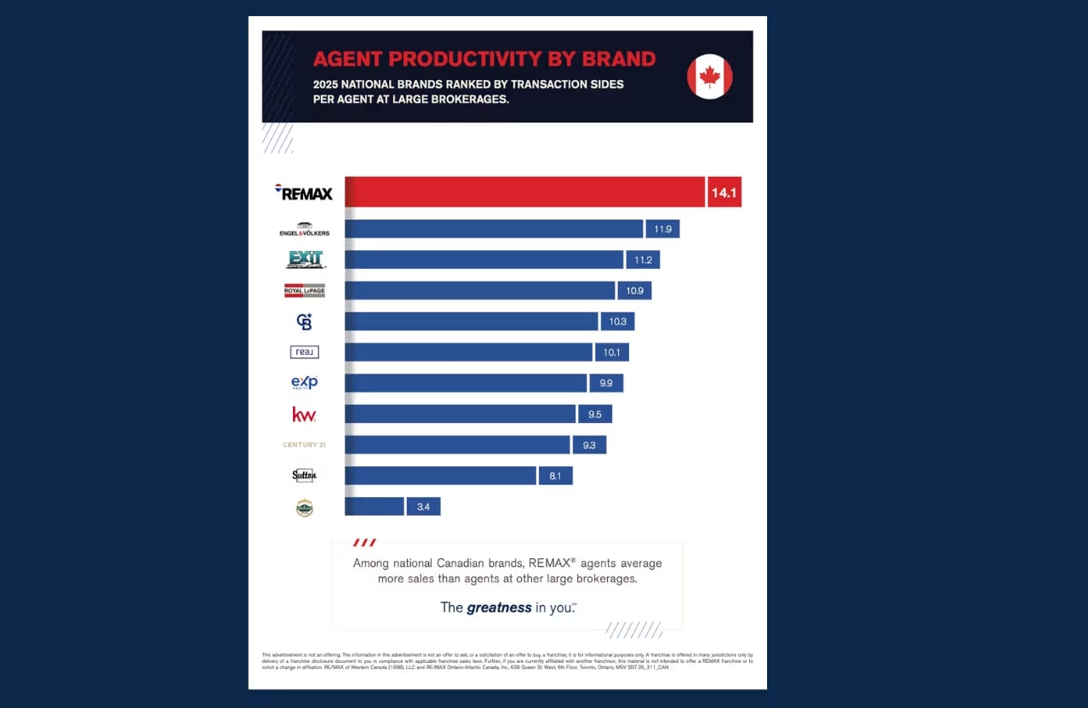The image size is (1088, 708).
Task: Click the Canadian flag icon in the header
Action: click(x=709, y=77)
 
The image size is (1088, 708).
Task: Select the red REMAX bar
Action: click(x=524, y=192)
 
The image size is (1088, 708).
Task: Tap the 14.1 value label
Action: click(x=724, y=193)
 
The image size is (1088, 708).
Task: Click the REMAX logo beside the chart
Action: click(x=304, y=193)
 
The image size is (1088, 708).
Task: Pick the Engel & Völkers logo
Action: click(x=304, y=230)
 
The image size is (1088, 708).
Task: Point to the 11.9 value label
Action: click(x=662, y=229)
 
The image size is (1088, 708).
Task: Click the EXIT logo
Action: click(x=305, y=260)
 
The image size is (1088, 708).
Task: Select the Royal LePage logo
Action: click(x=304, y=290)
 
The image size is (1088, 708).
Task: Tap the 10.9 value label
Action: click(x=634, y=291)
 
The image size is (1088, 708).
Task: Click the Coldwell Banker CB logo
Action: click(x=304, y=322)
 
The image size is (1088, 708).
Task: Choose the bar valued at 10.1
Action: click(x=468, y=352)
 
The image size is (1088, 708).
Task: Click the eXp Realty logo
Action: click(x=304, y=383)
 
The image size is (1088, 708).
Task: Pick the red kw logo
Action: click(x=304, y=414)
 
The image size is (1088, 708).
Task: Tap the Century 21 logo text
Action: click(x=304, y=445)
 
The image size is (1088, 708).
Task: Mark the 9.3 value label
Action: click(x=589, y=445)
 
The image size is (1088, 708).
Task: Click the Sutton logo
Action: click(x=304, y=476)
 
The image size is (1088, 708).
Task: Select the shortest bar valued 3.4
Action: click(x=375, y=506)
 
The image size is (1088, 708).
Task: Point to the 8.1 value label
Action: click(x=555, y=476)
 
